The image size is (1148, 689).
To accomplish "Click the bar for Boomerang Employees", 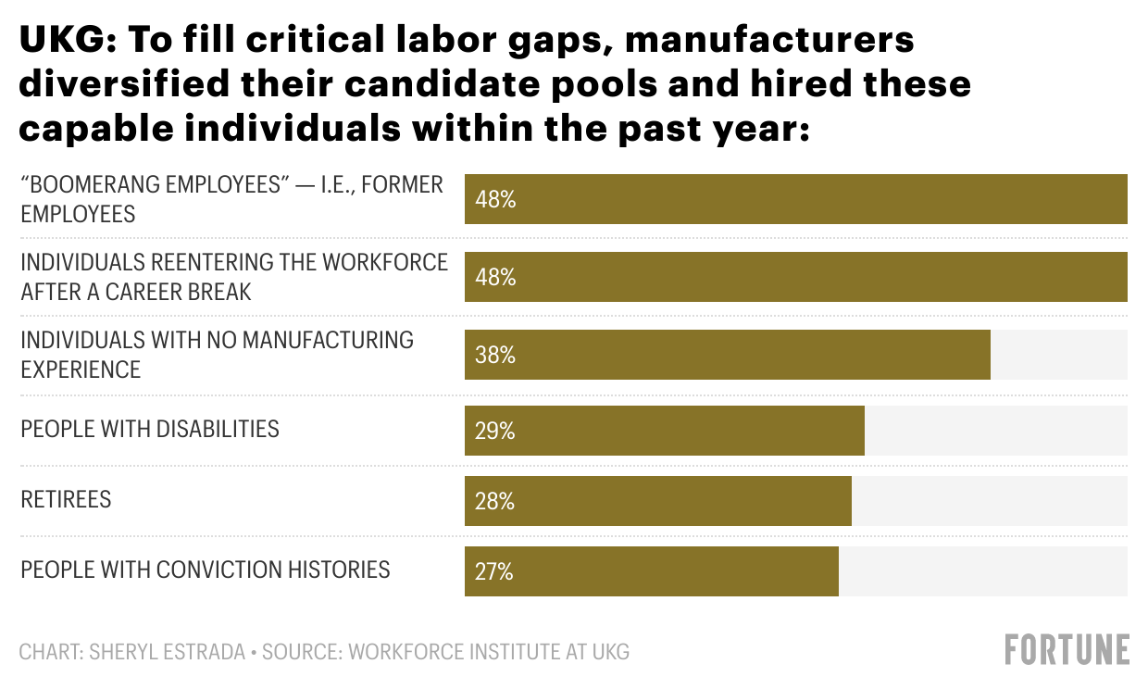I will [796, 199].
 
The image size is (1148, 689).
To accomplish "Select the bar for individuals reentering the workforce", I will [796, 277].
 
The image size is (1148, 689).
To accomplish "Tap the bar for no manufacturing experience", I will [728, 355].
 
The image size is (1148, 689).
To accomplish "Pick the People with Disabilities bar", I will [665, 432].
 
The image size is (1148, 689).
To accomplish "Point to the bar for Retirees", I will [658, 502].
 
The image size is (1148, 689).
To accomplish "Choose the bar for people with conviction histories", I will [652, 571].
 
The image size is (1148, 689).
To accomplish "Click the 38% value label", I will [495, 355].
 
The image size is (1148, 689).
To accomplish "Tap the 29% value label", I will [495, 432].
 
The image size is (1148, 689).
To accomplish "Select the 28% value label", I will [495, 502].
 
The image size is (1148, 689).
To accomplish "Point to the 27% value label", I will [494, 571].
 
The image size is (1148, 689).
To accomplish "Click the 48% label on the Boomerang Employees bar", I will [495, 199].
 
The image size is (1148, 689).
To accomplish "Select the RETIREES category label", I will [66, 499].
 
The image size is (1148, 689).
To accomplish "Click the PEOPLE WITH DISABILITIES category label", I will [150, 429].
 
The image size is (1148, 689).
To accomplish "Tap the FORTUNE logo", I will [1067, 649].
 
